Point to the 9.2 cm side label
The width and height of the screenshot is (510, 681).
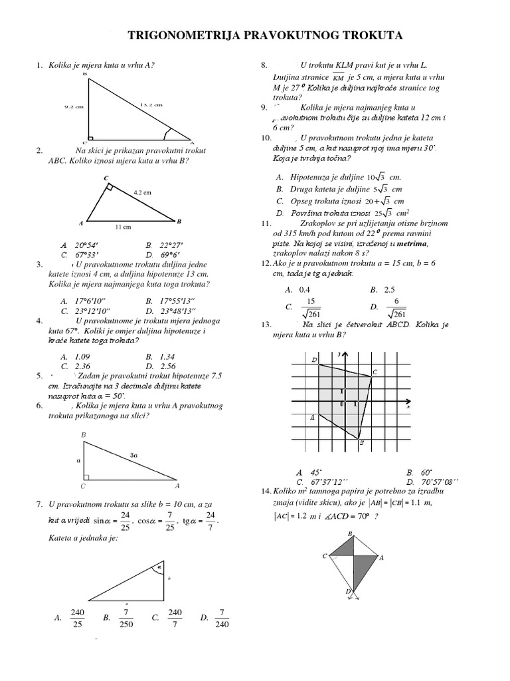point(74,105)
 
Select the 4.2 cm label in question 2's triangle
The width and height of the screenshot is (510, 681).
point(142,192)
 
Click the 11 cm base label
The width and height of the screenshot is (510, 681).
point(123,227)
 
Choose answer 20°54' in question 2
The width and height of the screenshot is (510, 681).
point(86,245)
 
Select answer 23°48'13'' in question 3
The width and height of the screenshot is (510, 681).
point(177,311)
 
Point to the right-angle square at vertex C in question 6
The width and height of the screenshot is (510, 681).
point(86,476)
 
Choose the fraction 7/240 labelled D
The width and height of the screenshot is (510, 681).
point(222,618)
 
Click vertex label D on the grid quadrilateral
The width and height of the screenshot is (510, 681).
point(313,360)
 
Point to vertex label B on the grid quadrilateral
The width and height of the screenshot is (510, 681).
point(361,443)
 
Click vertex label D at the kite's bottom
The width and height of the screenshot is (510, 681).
point(347,591)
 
